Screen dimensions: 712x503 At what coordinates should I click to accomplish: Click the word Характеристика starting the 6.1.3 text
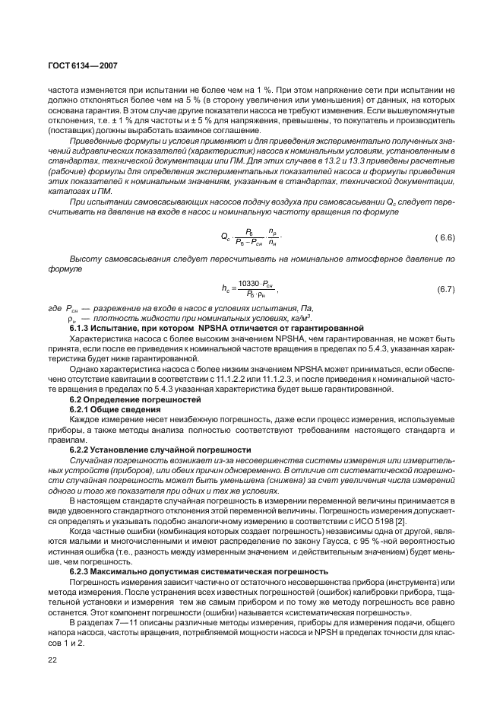click(x=103, y=337)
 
